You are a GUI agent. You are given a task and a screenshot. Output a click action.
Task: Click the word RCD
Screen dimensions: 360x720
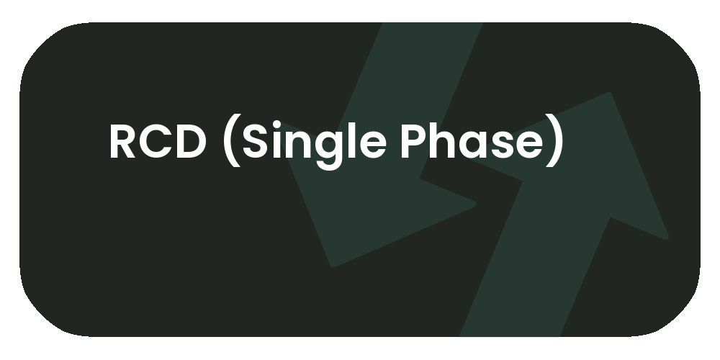point(157,142)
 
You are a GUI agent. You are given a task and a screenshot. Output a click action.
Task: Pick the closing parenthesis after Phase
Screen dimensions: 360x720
point(554,143)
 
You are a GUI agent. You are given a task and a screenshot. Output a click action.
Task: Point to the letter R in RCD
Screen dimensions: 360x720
point(123,142)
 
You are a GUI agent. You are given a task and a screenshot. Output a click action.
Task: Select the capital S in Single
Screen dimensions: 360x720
point(255,142)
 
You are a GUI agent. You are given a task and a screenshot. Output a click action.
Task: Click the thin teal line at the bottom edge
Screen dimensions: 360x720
point(509,336)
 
